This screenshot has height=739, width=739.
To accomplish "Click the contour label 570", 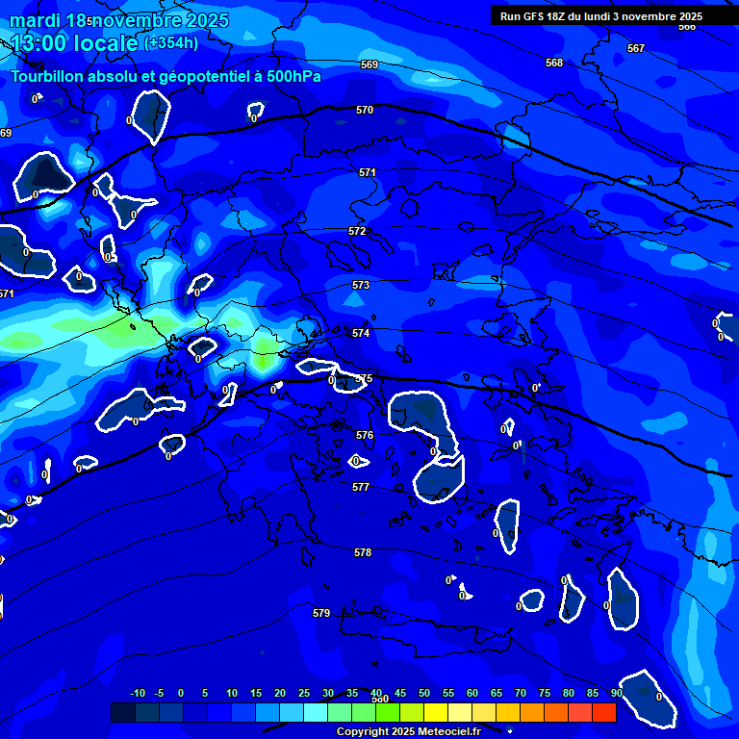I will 365,111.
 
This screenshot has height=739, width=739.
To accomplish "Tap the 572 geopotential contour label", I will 357,232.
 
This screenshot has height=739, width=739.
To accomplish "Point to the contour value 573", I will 361,286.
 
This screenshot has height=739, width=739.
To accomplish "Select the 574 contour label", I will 361,333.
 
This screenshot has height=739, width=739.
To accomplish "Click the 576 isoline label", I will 365,436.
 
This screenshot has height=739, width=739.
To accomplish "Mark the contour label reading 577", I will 361,488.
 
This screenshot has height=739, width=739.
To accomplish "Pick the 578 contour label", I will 363,553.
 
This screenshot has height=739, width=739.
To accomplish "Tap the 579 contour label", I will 321,613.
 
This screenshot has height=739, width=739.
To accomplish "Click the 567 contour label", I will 636,48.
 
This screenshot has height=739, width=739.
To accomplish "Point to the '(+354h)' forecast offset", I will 171,42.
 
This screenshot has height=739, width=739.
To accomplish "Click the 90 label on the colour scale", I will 616,693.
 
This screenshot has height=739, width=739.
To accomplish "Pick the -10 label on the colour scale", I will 138,693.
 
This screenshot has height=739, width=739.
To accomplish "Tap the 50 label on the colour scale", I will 424,693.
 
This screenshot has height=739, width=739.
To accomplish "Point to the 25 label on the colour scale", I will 304,693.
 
